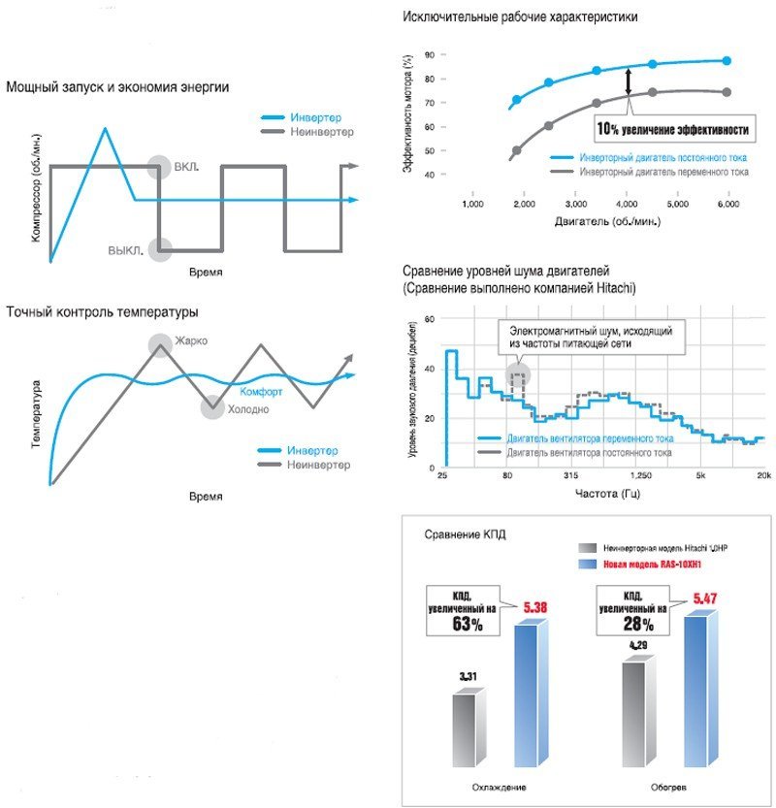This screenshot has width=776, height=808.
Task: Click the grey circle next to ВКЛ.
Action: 159,167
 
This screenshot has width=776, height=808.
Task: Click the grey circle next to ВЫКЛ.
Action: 159,249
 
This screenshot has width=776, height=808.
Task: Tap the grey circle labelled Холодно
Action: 211,407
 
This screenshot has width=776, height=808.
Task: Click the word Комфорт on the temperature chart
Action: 261,392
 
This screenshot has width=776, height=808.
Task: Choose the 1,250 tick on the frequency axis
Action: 640,476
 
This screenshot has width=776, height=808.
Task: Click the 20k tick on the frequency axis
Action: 762,476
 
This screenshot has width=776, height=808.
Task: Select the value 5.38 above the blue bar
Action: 536,608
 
